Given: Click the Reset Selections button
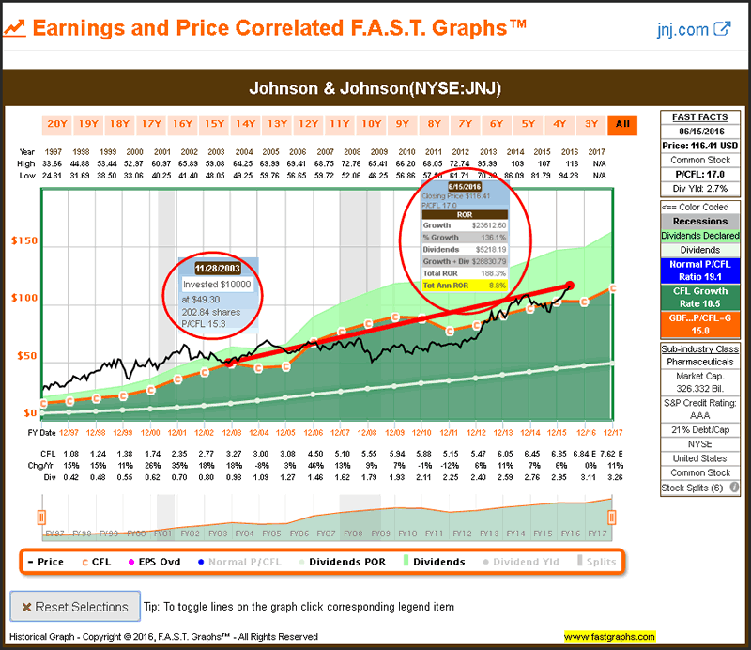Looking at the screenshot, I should pos(74,607).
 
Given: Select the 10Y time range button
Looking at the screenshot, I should pos(371,124).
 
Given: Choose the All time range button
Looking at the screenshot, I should pos(621,124).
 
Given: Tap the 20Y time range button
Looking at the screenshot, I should pos(56,124).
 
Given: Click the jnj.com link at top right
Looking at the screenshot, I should pos(694,28).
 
